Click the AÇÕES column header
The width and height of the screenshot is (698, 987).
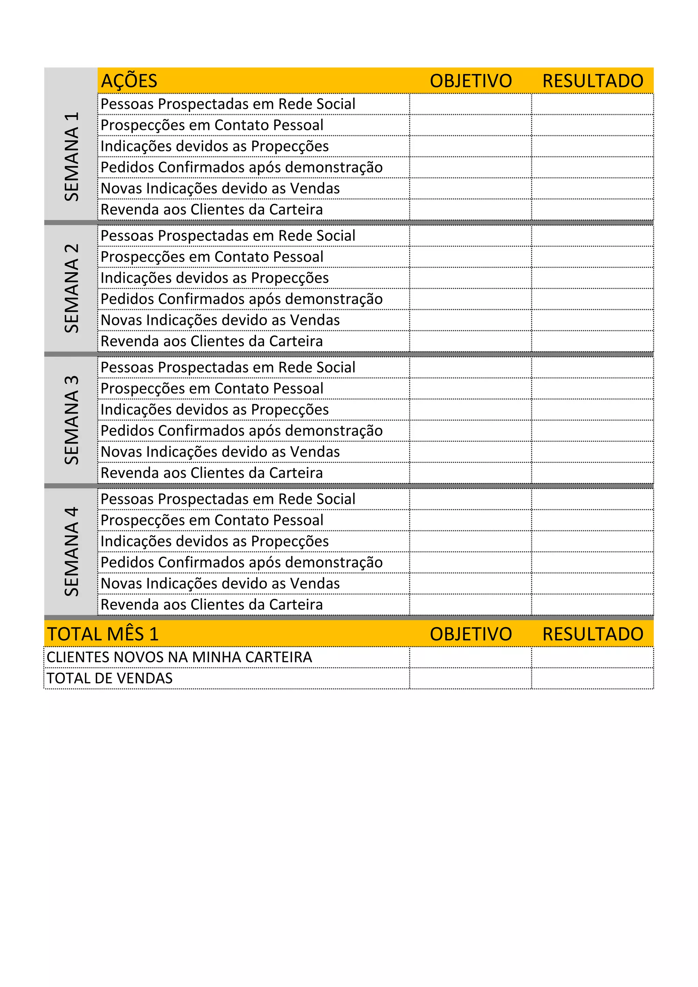[129, 81]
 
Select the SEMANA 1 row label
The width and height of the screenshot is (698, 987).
[71, 156]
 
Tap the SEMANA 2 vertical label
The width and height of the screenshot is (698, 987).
[71, 288]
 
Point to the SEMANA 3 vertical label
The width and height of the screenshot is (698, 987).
[71, 420]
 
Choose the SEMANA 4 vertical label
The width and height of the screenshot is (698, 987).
[71, 551]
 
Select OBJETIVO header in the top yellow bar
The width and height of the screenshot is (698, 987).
[471, 81]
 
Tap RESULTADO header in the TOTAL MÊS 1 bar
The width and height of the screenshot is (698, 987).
[593, 634]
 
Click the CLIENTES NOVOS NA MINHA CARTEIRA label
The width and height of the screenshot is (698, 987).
[179, 657]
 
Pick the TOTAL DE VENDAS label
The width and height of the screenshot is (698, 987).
[110, 678]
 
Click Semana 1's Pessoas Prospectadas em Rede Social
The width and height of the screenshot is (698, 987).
[228, 104]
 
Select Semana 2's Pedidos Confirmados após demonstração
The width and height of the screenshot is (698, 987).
[242, 299]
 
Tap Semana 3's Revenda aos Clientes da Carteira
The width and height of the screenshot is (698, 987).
[211, 473]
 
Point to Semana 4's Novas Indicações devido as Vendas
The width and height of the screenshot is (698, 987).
[220, 584]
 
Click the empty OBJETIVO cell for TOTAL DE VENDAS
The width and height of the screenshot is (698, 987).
[470, 678]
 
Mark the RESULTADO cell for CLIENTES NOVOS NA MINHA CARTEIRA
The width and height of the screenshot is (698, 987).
[592, 657]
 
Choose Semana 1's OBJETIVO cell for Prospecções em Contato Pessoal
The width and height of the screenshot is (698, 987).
[470, 125]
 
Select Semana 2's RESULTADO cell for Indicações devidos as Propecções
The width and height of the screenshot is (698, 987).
[592, 278]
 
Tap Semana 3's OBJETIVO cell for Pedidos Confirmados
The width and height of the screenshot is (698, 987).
[470, 431]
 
